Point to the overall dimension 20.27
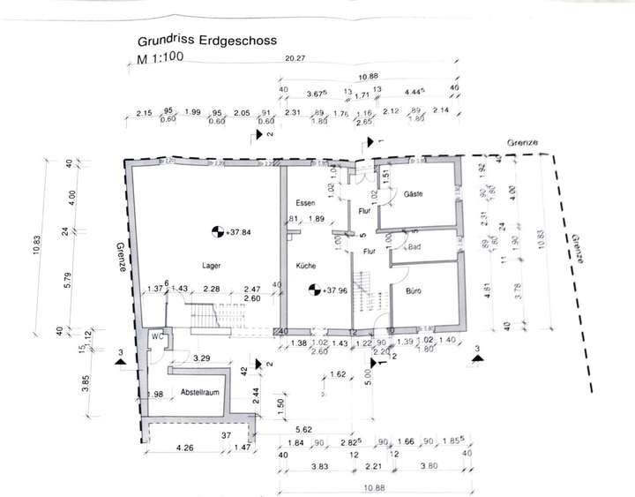coord(295,59)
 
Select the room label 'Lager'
coord(210,264)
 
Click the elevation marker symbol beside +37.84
coord(216,232)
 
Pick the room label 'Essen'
coord(306,203)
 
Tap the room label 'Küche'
coord(306,264)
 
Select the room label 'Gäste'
coord(414,193)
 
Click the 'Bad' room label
coord(415,247)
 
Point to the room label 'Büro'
coord(415,290)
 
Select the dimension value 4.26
coord(185,448)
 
